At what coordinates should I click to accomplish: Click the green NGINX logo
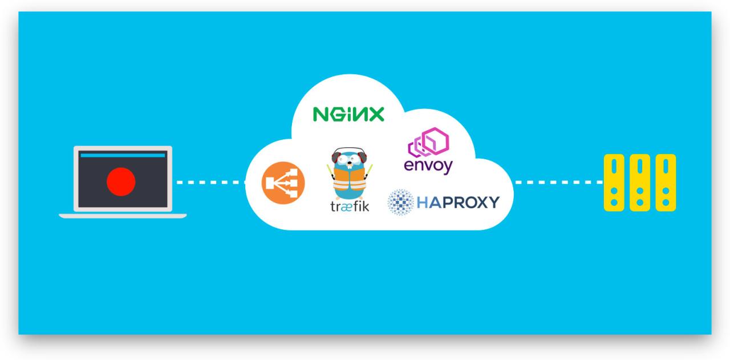(348, 114)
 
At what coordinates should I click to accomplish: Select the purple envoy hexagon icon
(429, 142)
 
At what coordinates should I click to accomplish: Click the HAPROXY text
(458, 202)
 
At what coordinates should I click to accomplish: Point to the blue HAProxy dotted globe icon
(401, 202)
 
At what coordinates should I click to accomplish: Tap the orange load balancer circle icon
(283, 183)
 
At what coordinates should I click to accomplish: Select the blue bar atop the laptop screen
(123, 155)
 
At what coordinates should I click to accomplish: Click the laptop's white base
(123, 216)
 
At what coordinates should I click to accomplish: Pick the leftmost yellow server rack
(614, 183)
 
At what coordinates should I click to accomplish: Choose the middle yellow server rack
(640, 183)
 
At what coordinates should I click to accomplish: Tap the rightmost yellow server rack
(666, 183)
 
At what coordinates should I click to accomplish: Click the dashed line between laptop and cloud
(210, 183)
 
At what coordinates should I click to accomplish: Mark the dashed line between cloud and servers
(558, 183)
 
